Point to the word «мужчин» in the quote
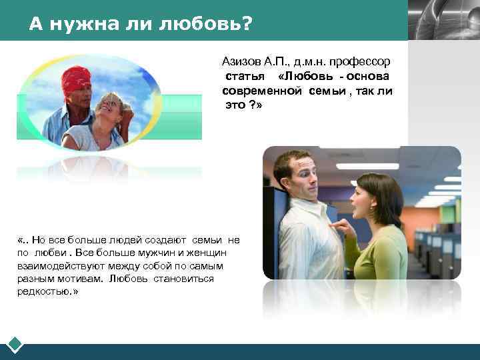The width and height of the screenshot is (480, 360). [x=148, y=253]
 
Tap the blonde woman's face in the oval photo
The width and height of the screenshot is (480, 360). [x=109, y=107]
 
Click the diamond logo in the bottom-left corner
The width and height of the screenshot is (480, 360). [x=15, y=344]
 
